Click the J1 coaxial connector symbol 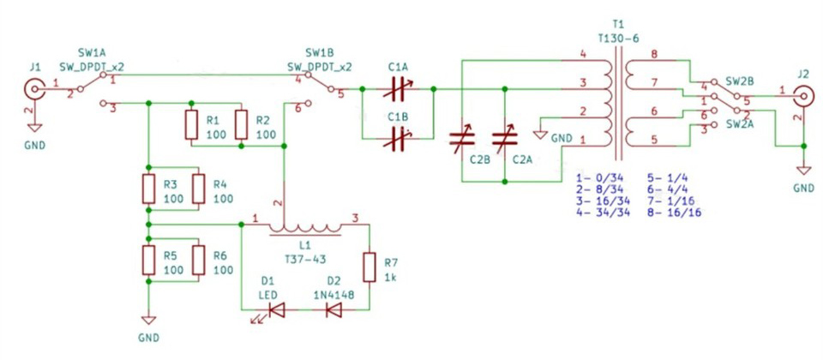click(34, 90)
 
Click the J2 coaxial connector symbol click(803, 96)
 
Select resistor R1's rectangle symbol click(191, 125)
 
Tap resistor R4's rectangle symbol click(198, 189)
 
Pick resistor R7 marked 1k click(369, 267)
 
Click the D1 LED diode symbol click(274, 310)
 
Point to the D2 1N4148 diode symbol click(333, 310)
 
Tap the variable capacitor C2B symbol click(462, 138)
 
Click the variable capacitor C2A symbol click(504, 138)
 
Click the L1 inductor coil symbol click(305, 229)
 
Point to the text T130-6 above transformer click(618, 39)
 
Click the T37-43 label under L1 click(305, 259)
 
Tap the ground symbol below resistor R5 click(148, 320)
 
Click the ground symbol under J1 click(34, 128)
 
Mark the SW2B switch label click(740, 81)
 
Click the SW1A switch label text click(92, 53)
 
